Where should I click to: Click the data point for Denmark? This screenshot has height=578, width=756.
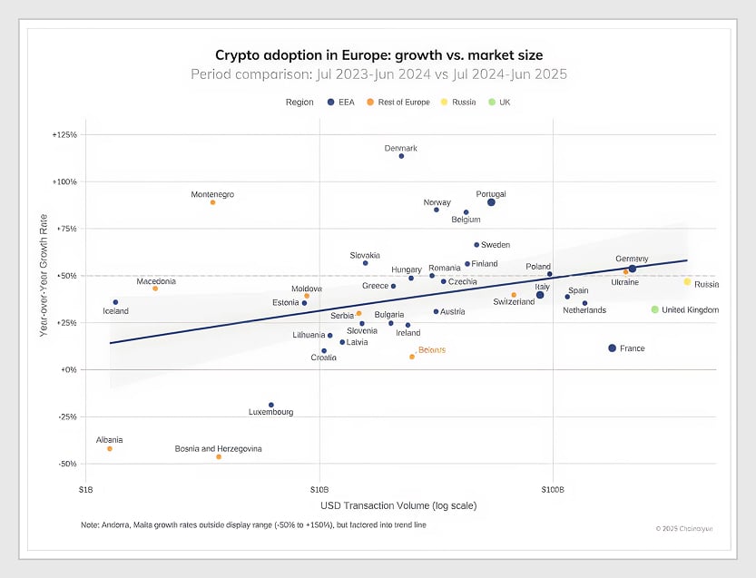[x=401, y=156]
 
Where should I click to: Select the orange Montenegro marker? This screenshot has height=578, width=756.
[x=212, y=202]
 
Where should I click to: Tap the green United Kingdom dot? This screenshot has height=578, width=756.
[x=654, y=309]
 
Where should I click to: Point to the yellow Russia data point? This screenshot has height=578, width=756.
[x=687, y=282]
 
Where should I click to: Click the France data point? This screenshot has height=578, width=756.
[x=612, y=348]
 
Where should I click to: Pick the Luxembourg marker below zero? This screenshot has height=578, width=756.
[x=270, y=405]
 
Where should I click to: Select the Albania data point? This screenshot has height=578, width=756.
[x=110, y=448]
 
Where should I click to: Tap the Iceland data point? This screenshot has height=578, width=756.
[x=115, y=302]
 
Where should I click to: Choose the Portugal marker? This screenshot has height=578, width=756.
[x=491, y=202]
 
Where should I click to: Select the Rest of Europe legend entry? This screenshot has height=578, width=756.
[x=398, y=103]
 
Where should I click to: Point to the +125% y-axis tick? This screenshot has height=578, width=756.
[x=64, y=134]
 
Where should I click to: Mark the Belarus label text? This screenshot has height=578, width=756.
[x=432, y=349]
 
